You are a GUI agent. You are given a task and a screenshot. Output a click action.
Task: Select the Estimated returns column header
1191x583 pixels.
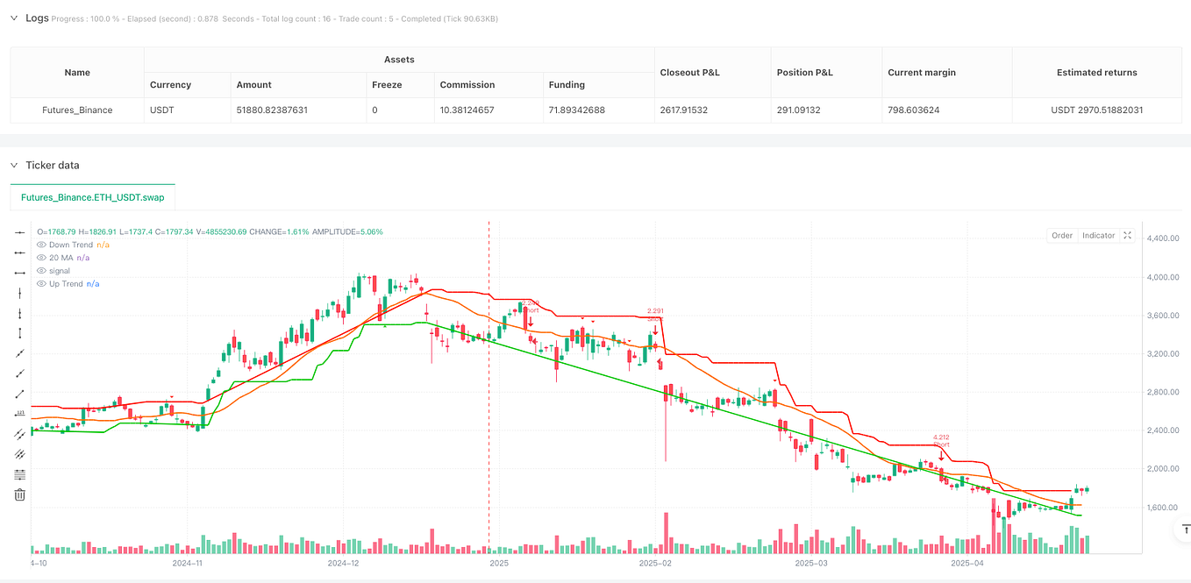[1097, 73]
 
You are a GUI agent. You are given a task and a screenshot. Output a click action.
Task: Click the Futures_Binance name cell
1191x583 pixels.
[77, 110]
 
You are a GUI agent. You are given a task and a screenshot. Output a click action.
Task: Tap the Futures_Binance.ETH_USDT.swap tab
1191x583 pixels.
[92, 197]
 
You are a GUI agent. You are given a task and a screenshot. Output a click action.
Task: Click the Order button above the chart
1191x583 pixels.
[1062, 235]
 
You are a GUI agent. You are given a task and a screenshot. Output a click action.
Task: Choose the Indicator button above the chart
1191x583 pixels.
[1098, 235]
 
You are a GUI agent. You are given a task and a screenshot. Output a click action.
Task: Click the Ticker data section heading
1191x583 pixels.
[53, 165]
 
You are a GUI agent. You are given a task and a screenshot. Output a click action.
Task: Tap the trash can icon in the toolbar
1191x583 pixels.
[19, 495]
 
